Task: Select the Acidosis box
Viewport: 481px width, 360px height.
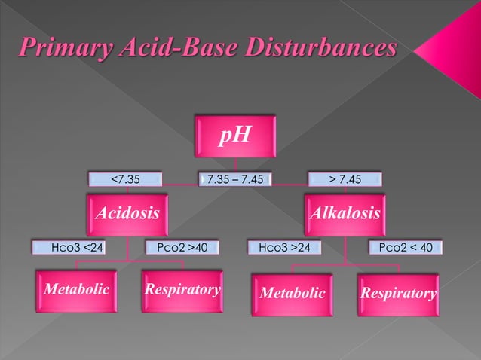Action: click(x=127, y=214)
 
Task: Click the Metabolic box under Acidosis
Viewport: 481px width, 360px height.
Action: click(x=75, y=290)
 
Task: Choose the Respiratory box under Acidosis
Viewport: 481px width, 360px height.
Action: click(x=182, y=290)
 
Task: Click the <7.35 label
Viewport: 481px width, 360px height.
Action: click(x=125, y=179)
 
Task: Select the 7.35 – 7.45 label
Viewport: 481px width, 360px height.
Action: click(x=235, y=179)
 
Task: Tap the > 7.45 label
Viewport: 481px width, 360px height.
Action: click(x=345, y=179)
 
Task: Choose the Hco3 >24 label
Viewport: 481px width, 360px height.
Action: click(x=285, y=246)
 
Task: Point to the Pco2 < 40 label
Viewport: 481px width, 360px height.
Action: click(x=405, y=246)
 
